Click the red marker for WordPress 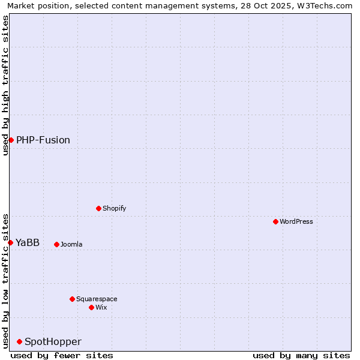[275, 221]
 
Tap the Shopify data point [98, 208]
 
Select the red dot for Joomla [56, 244]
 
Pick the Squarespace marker [72, 299]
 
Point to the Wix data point [91, 307]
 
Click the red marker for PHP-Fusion [11, 140]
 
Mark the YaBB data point [10, 242]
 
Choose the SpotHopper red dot [19, 341]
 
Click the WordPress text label [296, 221]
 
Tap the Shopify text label [114, 208]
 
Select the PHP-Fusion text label [43, 140]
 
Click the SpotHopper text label [53, 341]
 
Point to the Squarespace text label [97, 299]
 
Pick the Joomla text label [71, 244]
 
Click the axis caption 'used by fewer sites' [62, 355]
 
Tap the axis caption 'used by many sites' [301, 355]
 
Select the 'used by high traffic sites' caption [5, 85]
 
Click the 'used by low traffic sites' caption [5, 280]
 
